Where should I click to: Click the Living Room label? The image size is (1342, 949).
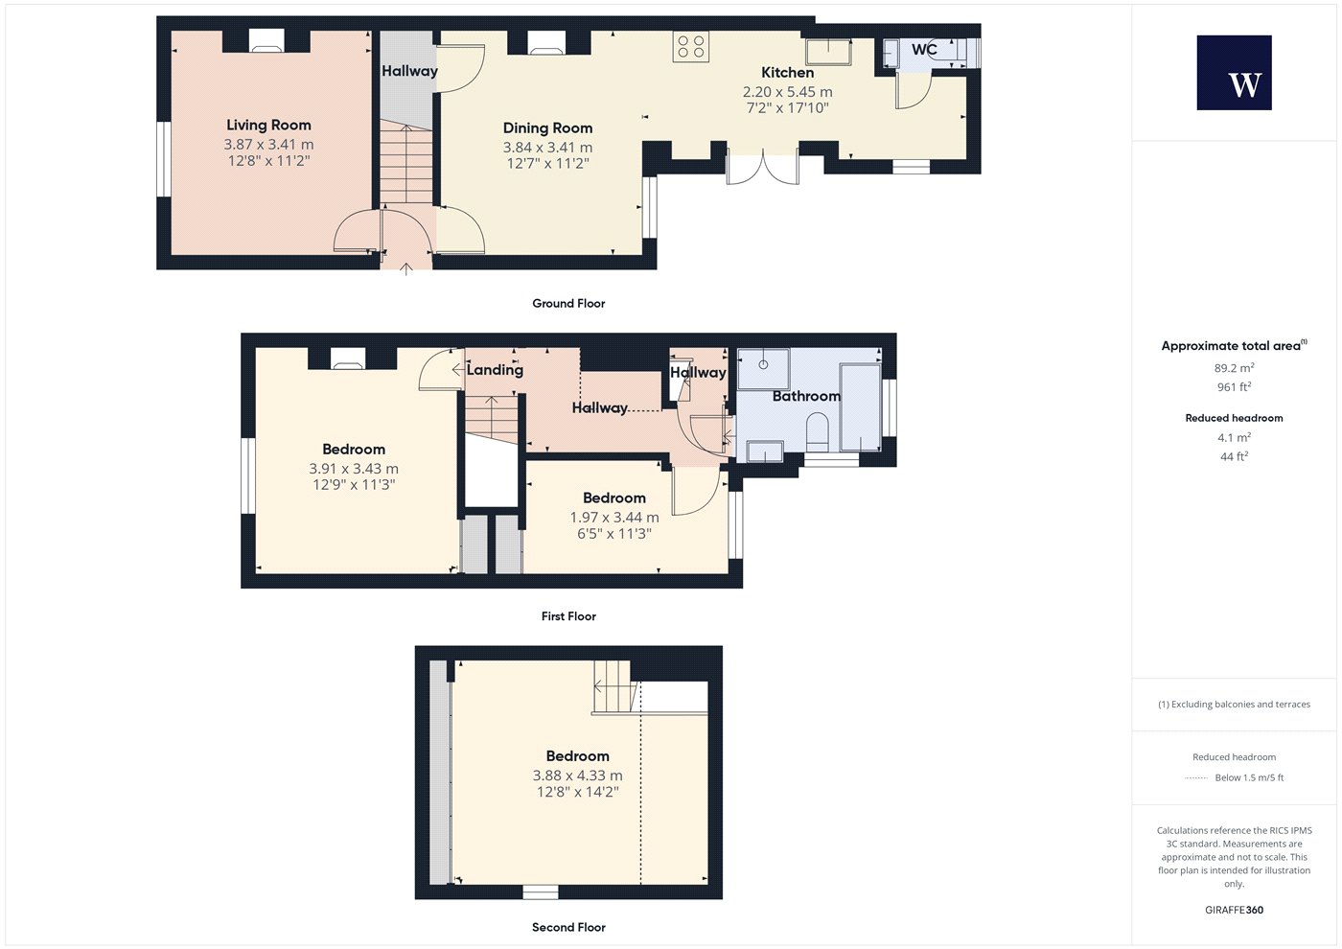pos(268,126)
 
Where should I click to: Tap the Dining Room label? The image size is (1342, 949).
pos(547,128)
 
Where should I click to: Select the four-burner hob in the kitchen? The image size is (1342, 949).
pos(691,46)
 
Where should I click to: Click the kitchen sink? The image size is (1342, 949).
pos(828,52)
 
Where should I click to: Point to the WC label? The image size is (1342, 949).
pos(924,49)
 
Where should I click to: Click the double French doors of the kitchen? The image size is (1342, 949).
pos(763,167)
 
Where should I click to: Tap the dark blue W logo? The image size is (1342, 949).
pos(1235,73)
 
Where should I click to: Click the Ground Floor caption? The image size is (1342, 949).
pos(568,303)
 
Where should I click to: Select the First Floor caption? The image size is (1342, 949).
pos(568,615)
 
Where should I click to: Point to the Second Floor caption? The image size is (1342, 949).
pos(568,928)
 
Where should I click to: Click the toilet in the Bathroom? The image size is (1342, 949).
pos(817,431)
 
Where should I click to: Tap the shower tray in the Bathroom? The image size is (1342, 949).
pos(763,368)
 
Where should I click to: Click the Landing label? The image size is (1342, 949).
pos(495,370)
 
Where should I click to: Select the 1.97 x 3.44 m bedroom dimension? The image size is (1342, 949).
pos(614,517)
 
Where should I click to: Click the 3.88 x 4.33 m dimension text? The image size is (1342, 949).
pos(577,775)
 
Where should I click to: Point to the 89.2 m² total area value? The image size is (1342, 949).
pos(1235,368)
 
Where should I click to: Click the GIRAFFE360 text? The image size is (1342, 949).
pos(1235,910)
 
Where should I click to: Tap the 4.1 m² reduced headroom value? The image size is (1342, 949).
pos(1235,437)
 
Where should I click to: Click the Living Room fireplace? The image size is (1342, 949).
pos(266,41)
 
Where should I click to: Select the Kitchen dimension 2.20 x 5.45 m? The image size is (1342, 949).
pos(787,92)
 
